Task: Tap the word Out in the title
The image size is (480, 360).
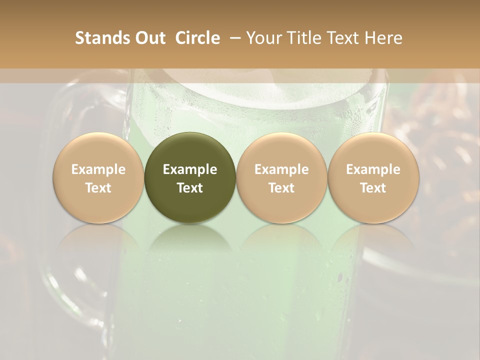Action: (x=149, y=38)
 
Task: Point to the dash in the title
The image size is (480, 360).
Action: (x=233, y=38)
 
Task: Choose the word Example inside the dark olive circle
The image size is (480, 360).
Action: (x=190, y=169)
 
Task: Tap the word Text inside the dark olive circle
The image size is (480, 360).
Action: (x=190, y=188)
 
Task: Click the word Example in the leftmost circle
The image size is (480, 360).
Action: (x=98, y=169)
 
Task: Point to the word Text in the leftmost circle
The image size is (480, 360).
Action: (x=98, y=188)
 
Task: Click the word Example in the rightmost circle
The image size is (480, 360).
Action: (x=373, y=169)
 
